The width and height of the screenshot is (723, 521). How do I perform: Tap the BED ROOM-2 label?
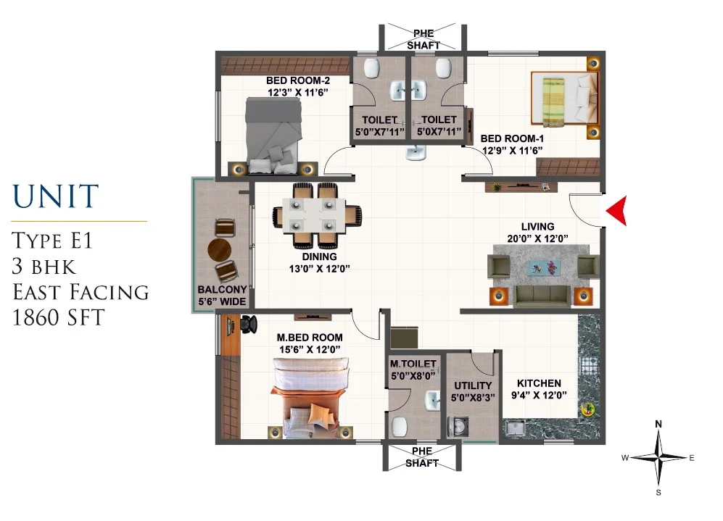click(x=298, y=80)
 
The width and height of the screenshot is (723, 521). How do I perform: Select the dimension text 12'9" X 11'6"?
click(x=512, y=150)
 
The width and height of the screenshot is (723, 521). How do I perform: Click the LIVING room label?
click(x=537, y=227)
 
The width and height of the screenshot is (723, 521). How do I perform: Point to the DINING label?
click(x=320, y=257)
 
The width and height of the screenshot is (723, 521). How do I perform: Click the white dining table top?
click(x=313, y=215)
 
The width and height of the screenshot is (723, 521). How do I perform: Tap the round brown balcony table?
click(x=220, y=250)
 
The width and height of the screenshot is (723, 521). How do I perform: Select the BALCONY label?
click(x=222, y=290)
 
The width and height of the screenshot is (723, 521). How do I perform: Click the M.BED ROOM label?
click(x=310, y=338)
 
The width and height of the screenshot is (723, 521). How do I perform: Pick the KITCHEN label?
click(x=539, y=383)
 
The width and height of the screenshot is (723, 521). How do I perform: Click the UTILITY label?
click(x=473, y=385)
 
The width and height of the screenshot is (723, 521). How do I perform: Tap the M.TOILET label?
click(x=413, y=364)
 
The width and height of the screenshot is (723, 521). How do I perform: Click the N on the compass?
click(x=658, y=424)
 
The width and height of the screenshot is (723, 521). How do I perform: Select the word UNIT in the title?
click(x=55, y=196)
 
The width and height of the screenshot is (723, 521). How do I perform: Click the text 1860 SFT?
click(x=58, y=317)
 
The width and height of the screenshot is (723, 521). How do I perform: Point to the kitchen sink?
click(x=514, y=428)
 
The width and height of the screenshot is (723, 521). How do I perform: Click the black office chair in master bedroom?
click(x=248, y=324)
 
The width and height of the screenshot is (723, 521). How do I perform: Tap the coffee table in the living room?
click(x=544, y=267)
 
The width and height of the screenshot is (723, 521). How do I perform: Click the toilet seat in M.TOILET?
click(x=400, y=426)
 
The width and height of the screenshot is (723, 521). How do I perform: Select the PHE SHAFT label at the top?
click(x=424, y=40)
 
